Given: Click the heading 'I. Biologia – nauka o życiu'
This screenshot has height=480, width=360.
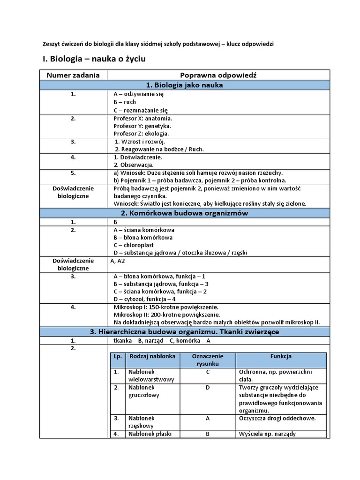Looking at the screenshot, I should (95, 60).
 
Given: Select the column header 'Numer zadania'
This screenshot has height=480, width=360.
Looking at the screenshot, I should (73, 75).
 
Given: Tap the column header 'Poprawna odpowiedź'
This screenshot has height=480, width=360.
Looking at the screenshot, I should (218, 75).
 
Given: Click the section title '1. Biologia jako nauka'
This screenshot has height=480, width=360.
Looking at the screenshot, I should (185, 85).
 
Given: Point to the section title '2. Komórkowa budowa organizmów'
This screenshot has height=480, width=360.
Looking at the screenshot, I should (185, 213).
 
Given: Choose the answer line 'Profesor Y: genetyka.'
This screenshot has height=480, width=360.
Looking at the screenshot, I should (142, 126).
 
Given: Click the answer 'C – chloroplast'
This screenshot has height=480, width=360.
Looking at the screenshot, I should (134, 245).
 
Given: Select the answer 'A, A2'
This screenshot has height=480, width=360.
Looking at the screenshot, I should (118, 261).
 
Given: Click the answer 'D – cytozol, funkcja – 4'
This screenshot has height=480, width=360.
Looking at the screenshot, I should (144, 299).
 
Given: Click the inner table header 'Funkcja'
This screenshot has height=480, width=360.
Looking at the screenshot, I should (281, 356).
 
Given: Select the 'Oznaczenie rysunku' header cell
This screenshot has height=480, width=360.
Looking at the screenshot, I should (208, 360).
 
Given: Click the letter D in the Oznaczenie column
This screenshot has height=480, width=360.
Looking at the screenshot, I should (208, 388).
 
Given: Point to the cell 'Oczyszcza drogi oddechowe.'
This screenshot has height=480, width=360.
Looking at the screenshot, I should (277, 418).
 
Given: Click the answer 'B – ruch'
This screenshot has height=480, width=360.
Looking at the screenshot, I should (124, 102).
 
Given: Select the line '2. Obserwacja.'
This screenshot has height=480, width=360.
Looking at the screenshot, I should (134, 165).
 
